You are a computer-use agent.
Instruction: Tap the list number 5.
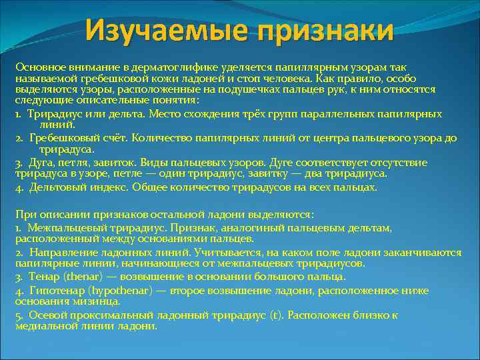tap(19, 315)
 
